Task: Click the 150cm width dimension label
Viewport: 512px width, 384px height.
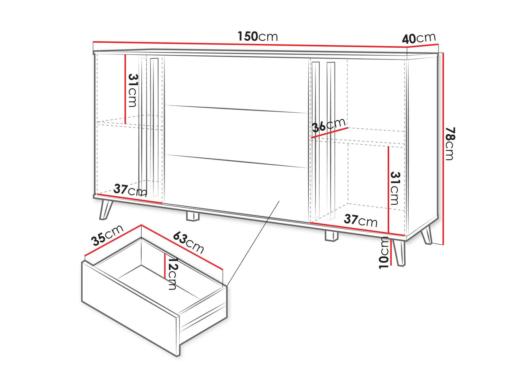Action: click(x=258, y=36)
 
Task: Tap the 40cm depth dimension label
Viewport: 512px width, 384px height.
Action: click(x=419, y=38)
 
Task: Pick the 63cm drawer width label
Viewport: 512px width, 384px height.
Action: click(x=189, y=242)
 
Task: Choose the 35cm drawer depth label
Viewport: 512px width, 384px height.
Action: click(x=107, y=235)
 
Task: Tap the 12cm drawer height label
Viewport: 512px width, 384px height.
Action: click(x=172, y=273)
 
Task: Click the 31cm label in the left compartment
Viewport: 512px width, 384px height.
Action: click(x=132, y=91)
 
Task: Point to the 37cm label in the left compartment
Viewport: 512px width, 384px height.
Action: click(x=130, y=190)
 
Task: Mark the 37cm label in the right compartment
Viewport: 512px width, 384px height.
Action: click(x=361, y=220)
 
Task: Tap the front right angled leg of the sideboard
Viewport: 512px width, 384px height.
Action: click(x=399, y=253)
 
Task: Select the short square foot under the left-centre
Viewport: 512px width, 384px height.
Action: click(x=193, y=216)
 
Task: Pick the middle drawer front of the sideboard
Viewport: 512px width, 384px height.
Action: click(x=236, y=136)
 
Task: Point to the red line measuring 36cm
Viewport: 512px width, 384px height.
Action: click(x=329, y=133)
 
